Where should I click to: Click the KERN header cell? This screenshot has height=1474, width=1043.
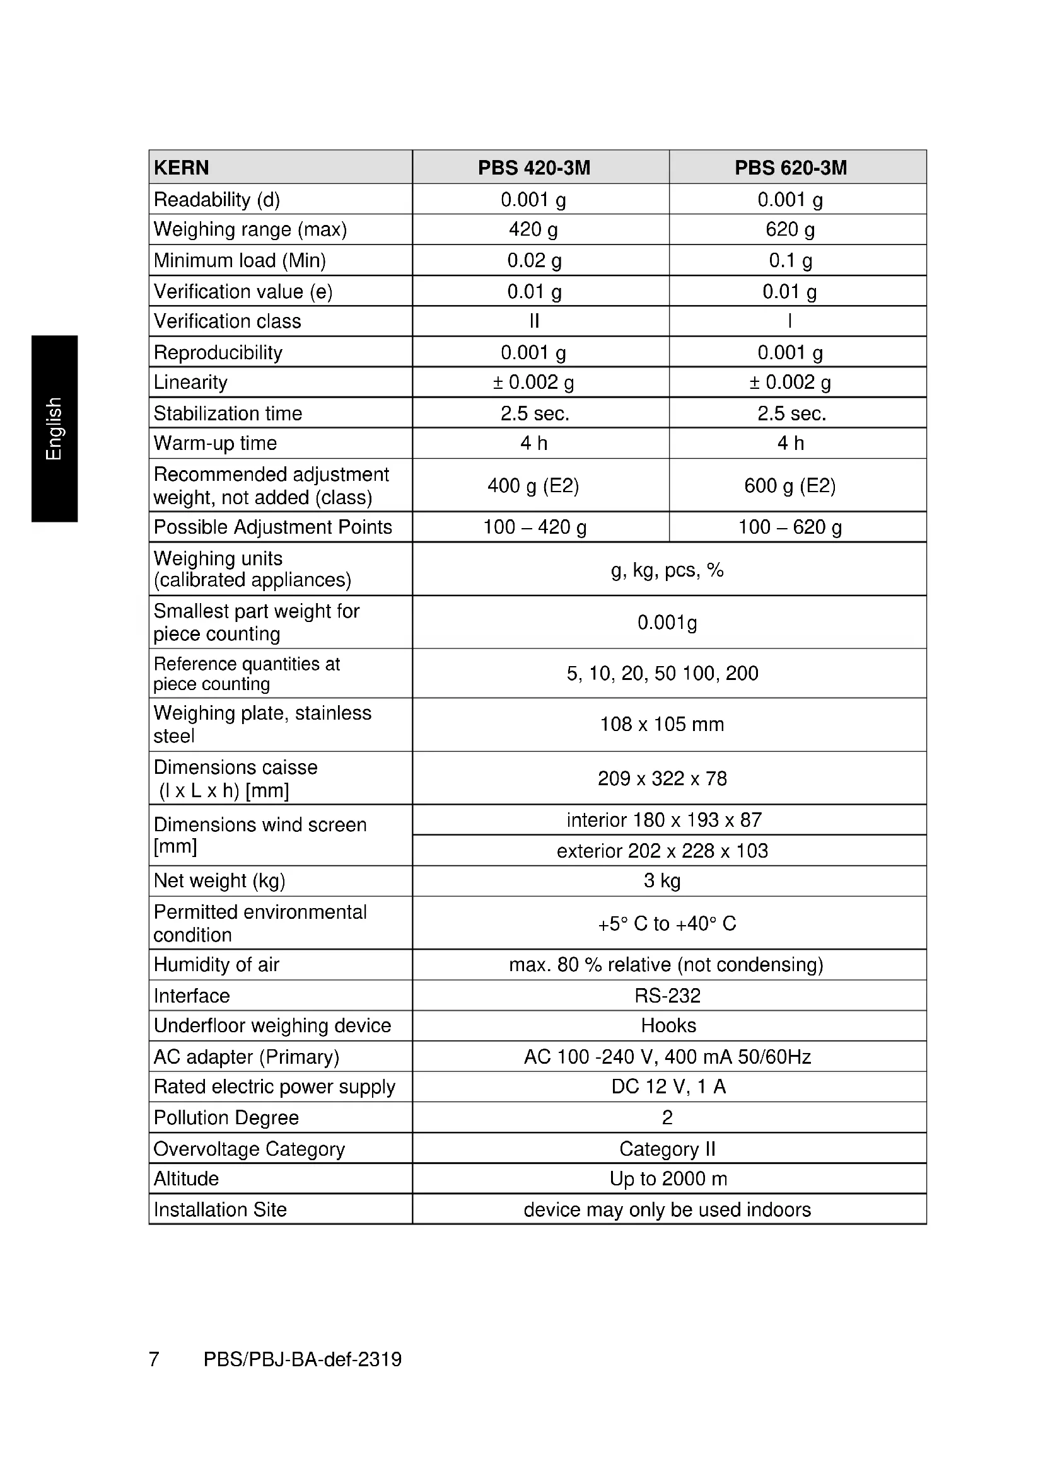pos(182,168)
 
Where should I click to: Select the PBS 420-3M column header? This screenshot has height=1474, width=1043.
pos(533,168)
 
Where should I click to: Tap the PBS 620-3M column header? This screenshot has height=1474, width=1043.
pos(791,168)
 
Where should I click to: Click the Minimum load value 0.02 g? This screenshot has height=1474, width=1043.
pos(533,261)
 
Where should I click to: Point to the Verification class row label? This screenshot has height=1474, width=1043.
pos(228,321)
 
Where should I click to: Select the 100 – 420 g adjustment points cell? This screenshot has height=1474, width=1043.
pos(534,527)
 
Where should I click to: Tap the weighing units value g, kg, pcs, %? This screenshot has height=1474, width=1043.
pos(667,570)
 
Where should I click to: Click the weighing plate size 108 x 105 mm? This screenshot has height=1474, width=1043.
pos(661,724)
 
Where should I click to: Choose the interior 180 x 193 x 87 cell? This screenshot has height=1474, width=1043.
pos(664,820)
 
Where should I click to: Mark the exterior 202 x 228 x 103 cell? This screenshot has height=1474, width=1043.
pos(662,851)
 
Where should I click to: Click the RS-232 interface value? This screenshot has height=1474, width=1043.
pos(667,995)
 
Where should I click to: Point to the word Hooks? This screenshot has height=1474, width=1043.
pos(668,1025)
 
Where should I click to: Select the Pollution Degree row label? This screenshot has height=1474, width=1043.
pos(226,1118)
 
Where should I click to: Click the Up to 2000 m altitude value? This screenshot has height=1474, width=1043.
pos(668,1178)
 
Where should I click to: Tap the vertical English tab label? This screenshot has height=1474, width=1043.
pos(54,428)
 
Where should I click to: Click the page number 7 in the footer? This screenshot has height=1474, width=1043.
pos(154,1359)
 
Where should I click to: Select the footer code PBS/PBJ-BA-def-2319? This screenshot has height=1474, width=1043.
pos(303,1359)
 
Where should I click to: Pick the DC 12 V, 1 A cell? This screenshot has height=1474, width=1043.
pos(668,1086)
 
